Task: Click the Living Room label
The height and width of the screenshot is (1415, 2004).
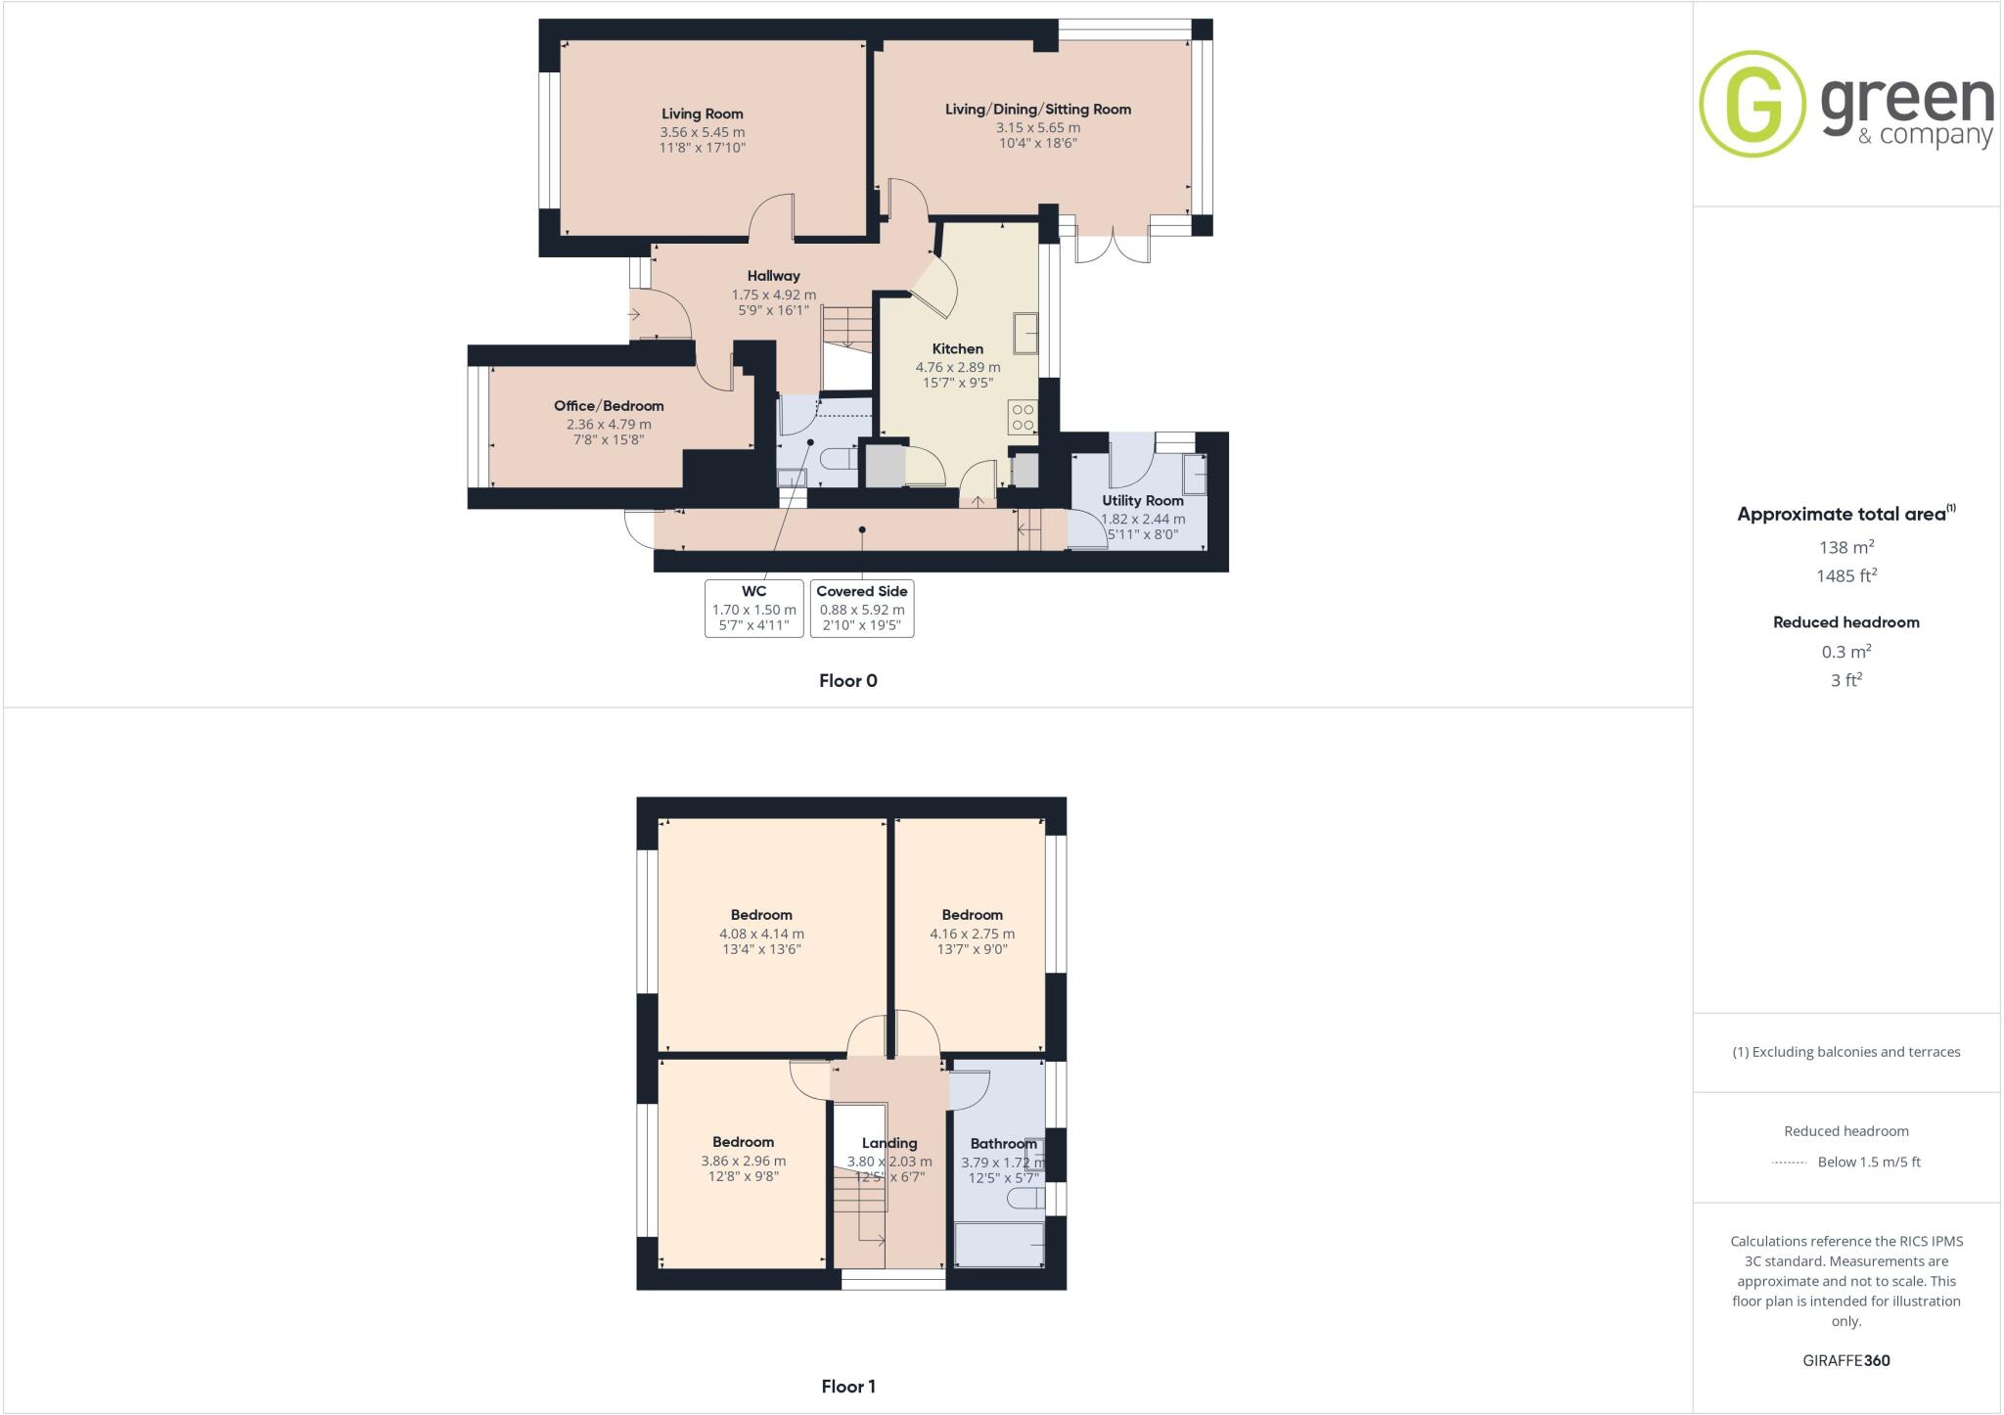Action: pyautogui.click(x=702, y=114)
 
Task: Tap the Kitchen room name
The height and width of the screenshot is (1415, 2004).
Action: pyautogui.click(x=957, y=349)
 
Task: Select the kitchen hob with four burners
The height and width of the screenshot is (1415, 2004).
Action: pyautogui.click(x=1023, y=417)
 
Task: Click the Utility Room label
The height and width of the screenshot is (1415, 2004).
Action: pyautogui.click(x=1142, y=501)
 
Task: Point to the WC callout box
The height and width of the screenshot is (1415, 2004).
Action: pyautogui.click(x=753, y=609)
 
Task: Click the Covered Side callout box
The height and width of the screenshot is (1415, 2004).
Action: pyautogui.click(x=861, y=609)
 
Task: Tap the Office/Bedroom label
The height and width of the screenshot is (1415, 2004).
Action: pyautogui.click(x=609, y=406)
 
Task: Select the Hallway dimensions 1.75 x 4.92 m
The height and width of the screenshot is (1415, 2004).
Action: pyautogui.click(x=773, y=295)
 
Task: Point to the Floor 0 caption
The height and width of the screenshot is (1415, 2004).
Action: pyautogui.click(x=847, y=681)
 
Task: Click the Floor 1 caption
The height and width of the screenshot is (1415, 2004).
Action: pyautogui.click(x=847, y=1387)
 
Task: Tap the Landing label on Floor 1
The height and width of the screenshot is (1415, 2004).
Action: pyautogui.click(x=888, y=1143)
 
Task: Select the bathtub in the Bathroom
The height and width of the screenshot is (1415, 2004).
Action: pyautogui.click(x=999, y=1245)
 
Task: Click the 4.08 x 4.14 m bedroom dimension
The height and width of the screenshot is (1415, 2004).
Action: pyautogui.click(x=761, y=934)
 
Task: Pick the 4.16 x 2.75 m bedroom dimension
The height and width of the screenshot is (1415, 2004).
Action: pyautogui.click(x=972, y=934)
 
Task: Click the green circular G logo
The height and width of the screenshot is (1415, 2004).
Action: pyautogui.click(x=1752, y=104)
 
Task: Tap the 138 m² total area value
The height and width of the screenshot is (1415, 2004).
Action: pyautogui.click(x=1845, y=547)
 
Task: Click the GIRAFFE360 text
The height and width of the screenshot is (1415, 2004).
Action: pyautogui.click(x=1845, y=1360)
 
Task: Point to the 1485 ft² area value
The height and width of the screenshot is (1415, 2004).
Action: pyautogui.click(x=1845, y=576)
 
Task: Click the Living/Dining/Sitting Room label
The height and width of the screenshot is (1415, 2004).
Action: pyautogui.click(x=1037, y=110)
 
